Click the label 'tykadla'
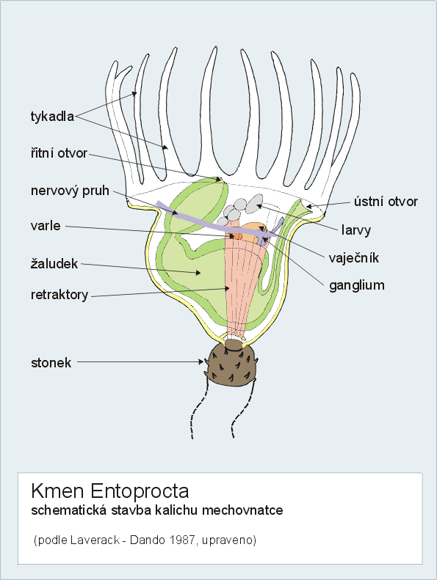coord(52,117)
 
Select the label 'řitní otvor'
coord(59,153)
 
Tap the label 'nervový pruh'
coord(70,191)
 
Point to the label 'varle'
coord(46,226)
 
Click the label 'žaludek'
coord(54,263)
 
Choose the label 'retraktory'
coord(59,295)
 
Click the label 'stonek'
coord(51,362)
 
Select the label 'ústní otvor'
coord(386,202)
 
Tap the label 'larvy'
coord(355,230)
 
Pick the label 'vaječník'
coord(354,257)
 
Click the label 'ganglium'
coord(356,285)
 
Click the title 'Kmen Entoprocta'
coord(110,491)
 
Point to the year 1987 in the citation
coord(182,540)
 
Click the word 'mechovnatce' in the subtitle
coord(242,510)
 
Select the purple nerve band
coord(219,223)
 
